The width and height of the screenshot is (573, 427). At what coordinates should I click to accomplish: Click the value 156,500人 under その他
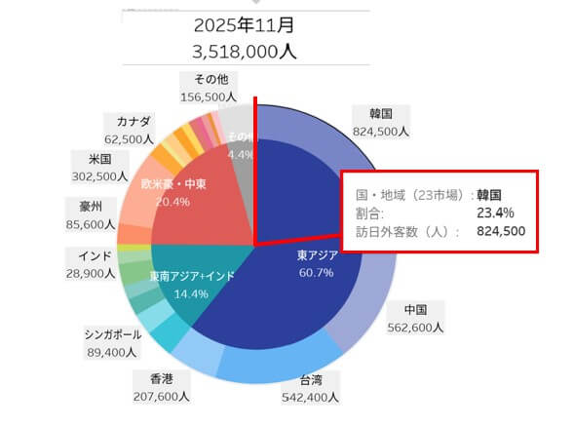click(x=210, y=97)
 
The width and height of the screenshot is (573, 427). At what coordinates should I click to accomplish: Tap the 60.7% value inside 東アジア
click(x=318, y=272)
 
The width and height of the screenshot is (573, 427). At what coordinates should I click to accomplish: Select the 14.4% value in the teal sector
click(x=191, y=292)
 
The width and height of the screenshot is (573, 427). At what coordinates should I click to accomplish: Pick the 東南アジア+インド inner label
click(x=192, y=277)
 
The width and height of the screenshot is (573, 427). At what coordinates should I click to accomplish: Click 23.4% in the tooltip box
click(x=497, y=212)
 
